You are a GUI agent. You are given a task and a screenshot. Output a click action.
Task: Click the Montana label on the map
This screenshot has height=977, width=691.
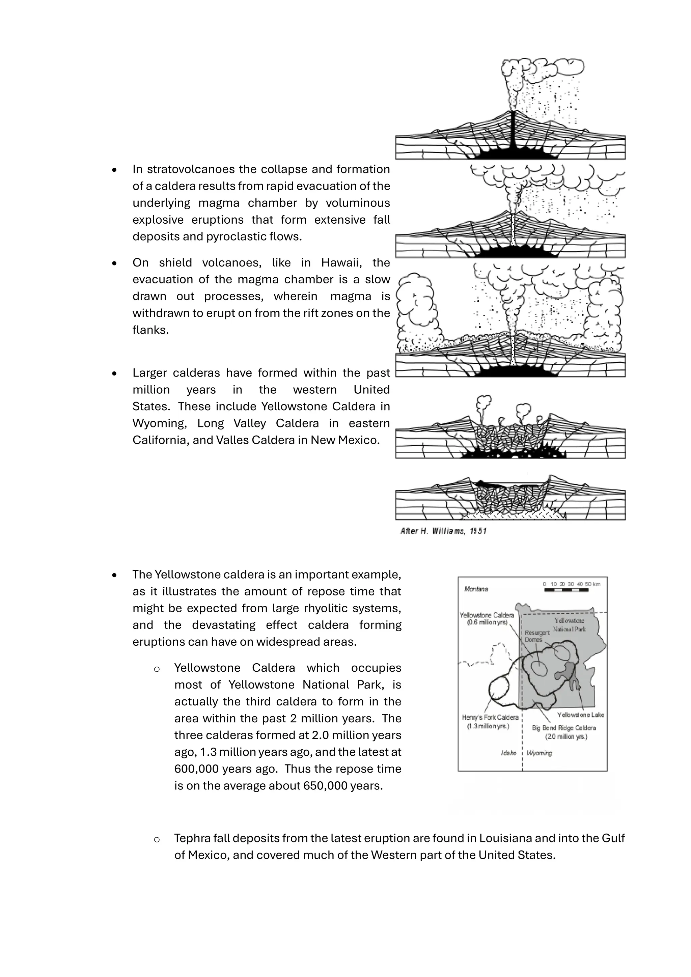(x=476, y=589)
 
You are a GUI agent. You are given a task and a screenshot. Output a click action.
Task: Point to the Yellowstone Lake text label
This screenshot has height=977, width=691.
(x=580, y=715)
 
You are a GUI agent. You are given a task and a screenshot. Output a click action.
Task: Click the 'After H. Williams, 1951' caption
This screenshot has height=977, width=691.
(x=443, y=531)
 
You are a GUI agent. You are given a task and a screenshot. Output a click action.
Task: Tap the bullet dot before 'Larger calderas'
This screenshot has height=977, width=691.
(x=114, y=373)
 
